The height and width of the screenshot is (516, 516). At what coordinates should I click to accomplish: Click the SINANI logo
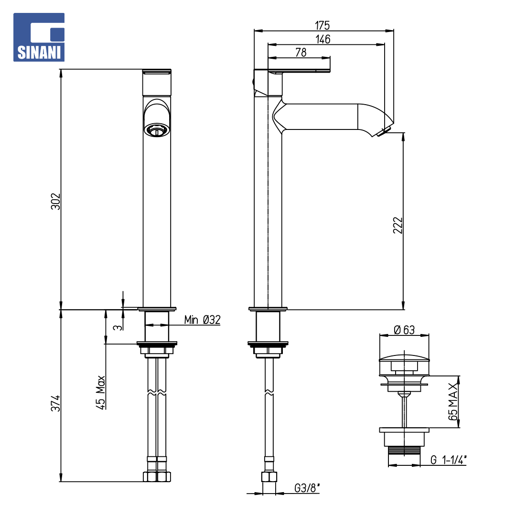[x=39, y=37]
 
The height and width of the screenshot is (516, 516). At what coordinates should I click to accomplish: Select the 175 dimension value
[x=322, y=25]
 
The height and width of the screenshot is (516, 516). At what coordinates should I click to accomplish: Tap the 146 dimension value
[x=323, y=39]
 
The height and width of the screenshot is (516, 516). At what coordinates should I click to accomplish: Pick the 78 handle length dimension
[x=301, y=53]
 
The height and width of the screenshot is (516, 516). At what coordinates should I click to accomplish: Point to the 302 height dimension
[x=55, y=202]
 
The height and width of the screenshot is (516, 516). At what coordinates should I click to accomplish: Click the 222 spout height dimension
[x=398, y=225]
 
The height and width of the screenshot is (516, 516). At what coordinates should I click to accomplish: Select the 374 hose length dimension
[x=55, y=403]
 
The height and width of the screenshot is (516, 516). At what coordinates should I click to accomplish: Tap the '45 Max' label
[x=100, y=392]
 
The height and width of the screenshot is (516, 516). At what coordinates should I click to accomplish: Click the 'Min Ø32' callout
[x=202, y=320]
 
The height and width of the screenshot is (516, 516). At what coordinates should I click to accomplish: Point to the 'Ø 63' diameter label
[x=404, y=330]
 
